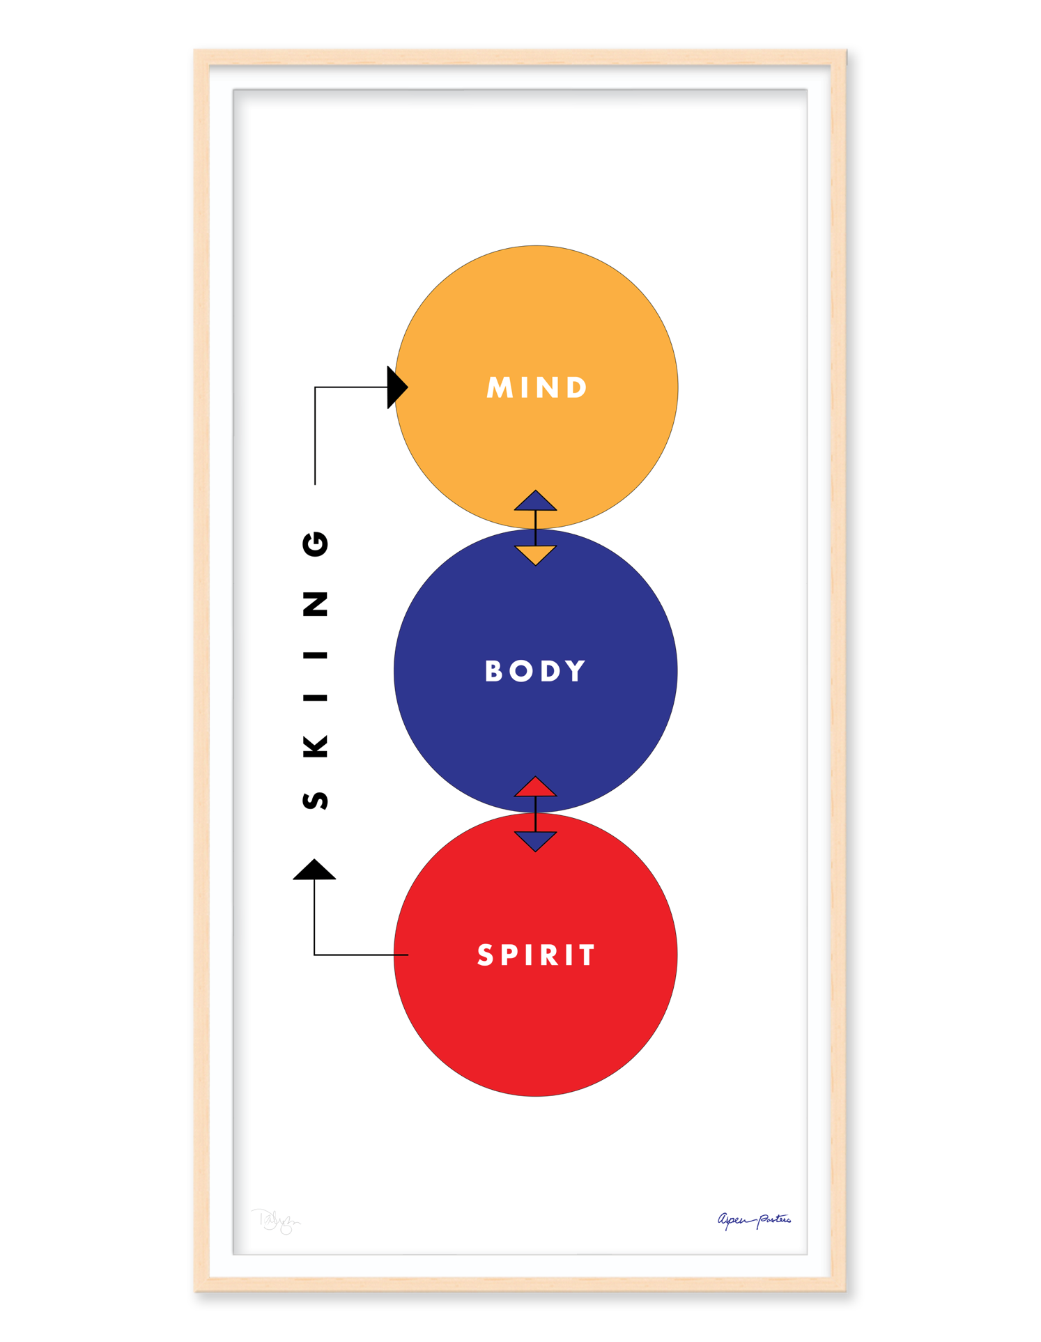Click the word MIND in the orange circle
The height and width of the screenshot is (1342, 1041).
tap(537, 387)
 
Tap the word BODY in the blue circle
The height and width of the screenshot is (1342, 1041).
tap(535, 671)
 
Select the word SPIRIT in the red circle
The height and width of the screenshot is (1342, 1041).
tap(536, 955)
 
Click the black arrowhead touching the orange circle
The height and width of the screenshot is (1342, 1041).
tap(396, 387)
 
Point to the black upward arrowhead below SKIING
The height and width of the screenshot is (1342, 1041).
tap(314, 870)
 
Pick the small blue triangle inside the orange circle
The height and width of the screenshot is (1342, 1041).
tap(535, 502)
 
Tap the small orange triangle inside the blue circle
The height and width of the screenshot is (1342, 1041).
tap(535, 554)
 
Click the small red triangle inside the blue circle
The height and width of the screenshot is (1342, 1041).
tap(535, 788)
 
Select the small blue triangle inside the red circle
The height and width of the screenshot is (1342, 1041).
tap(535, 840)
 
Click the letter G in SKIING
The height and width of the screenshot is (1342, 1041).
tap(316, 543)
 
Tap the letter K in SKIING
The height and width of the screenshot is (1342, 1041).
tap(316, 746)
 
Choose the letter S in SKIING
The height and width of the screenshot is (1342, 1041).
tap(316, 800)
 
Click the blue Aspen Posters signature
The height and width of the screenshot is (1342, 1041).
tap(754, 1219)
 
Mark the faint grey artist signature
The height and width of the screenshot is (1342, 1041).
tap(276, 1221)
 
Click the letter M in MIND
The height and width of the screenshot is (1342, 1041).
tap(500, 387)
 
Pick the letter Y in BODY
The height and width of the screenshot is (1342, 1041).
tap(576, 671)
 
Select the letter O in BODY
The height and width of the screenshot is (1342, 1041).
tap(520, 671)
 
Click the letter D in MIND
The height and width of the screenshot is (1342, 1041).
tap(576, 387)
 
